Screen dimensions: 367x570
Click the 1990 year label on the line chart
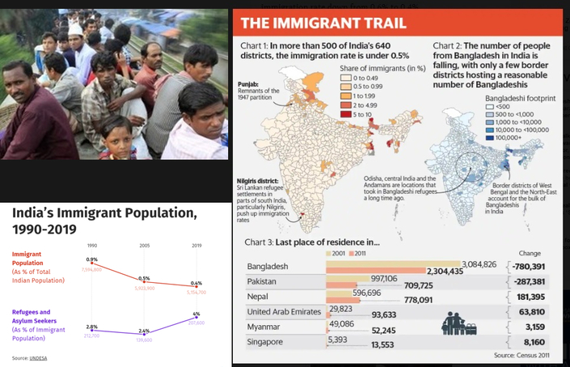(x=92, y=245)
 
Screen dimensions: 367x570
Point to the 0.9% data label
(x=92, y=259)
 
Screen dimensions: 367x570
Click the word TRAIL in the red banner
(x=383, y=23)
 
